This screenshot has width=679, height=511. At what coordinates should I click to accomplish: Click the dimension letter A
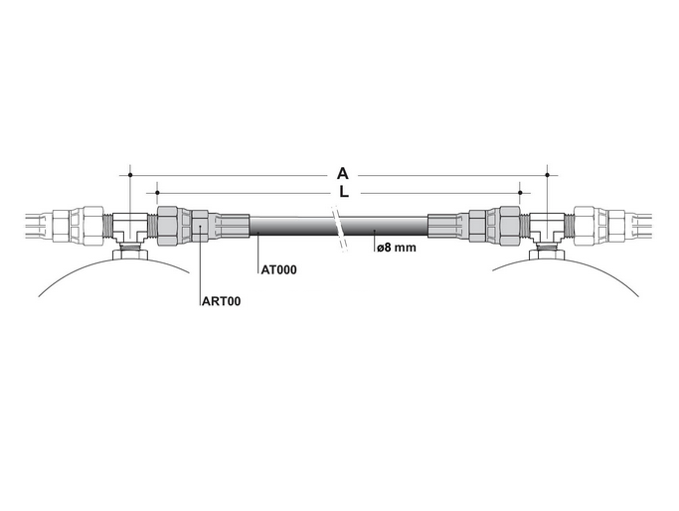pos(343,174)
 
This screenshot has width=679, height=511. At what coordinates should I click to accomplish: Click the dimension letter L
pos(344,192)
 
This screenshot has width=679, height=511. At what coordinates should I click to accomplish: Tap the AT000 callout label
pos(279,269)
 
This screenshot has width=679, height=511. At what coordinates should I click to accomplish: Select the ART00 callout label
pos(222,301)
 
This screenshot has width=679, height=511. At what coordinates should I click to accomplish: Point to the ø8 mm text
pos(397,248)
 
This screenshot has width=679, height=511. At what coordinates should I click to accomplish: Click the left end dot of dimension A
pos(130,175)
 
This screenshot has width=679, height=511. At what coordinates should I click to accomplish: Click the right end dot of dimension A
pos(548,175)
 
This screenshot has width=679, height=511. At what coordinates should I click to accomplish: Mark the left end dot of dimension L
pos(158,193)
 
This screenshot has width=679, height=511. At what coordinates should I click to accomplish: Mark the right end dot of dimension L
pos(521,193)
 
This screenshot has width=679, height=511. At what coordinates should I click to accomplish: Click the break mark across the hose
pos(339,229)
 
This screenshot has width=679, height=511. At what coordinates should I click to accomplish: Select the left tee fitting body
pos(130,226)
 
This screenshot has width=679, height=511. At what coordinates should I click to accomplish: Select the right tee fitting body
pos(547,226)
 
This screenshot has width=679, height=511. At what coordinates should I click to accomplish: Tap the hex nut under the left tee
pos(130,255)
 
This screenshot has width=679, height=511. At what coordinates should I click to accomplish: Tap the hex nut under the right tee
pos(548,255)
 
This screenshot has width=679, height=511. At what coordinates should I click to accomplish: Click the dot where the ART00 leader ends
pos(200,227)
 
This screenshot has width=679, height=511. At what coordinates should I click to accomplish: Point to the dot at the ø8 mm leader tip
pos(375,231)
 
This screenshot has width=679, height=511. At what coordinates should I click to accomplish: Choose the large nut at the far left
pos(93,226)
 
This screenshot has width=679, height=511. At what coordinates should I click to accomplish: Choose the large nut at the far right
pos(585,226)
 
